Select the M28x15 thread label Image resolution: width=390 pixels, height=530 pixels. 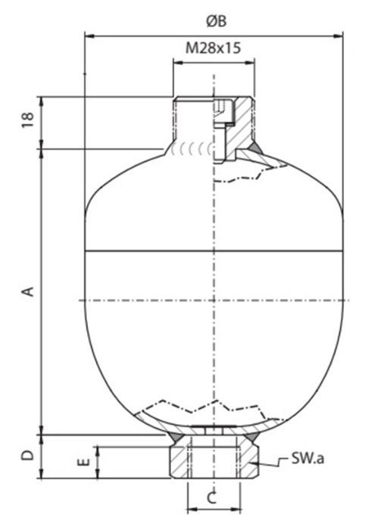pyautogui.click(x=214, y=48)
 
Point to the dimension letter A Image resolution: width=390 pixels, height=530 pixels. pyautogui.click(x=28, y=290)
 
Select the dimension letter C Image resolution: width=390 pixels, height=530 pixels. pyautogui.click(x=213, y=497)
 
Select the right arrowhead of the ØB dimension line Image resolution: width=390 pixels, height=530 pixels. pyautogui.click(x=340, y=34)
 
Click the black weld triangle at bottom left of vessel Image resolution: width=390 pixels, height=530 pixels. pyautogui.click(x=174, y=437)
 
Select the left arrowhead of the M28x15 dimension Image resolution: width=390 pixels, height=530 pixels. pyautogui.click(x=177, y=64)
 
